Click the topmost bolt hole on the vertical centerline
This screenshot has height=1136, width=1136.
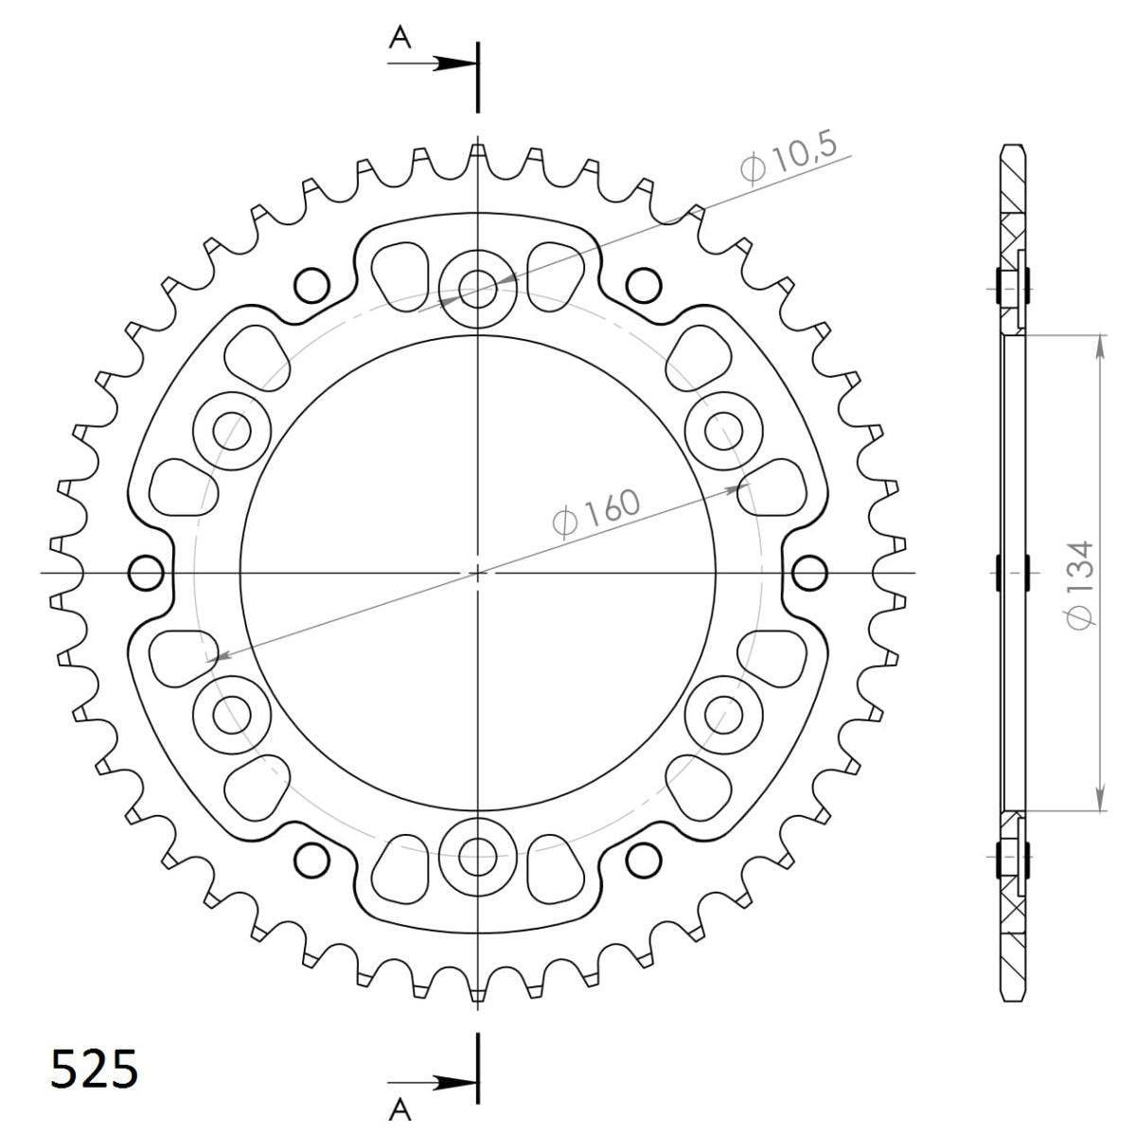(x=479, y=285)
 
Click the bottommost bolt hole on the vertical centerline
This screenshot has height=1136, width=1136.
(x=479, y=860)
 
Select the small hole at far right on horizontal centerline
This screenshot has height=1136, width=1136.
(x=809, y=573)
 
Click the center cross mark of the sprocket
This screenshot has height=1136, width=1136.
(x=479, y=573)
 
